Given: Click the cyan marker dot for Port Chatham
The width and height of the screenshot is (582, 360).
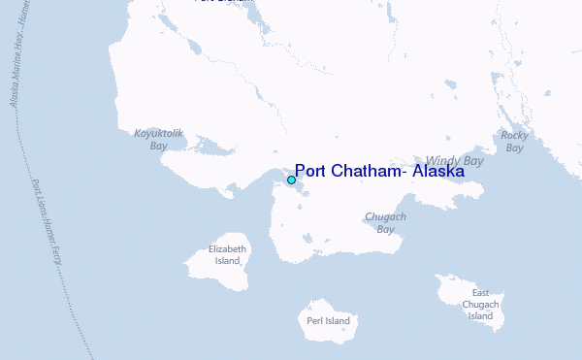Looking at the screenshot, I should [291, 180].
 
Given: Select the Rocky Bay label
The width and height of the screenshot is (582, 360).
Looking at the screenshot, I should [514, 142].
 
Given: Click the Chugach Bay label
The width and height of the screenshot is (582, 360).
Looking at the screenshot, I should [385, 223].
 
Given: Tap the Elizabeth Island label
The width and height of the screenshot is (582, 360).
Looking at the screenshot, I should [227, 255].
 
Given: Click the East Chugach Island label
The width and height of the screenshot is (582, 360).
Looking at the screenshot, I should [481, 304].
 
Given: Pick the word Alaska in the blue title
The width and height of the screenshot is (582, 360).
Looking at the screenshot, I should [437, 172].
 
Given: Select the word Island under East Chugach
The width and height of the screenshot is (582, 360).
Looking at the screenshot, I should [481, 316].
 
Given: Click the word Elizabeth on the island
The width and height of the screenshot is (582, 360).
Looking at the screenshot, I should [228, 249].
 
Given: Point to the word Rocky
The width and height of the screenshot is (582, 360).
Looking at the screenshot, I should [514, 136].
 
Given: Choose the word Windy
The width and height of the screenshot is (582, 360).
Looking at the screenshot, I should [442, 160].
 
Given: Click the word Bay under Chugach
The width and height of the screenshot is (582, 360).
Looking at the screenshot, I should [385, 230].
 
